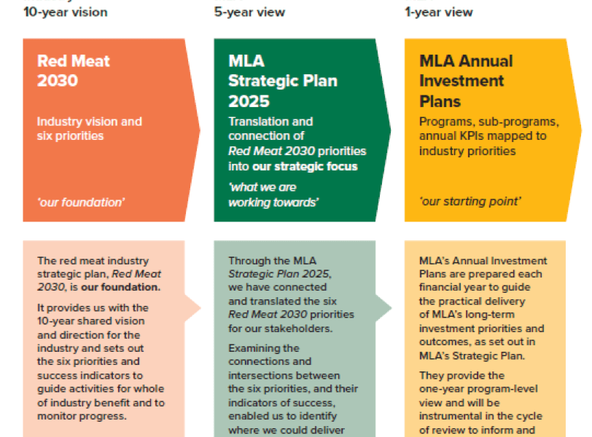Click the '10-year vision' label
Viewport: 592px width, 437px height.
click(66, 12)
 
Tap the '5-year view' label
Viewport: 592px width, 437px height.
click(249, 12)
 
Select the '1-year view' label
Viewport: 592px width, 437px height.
click(439, 12)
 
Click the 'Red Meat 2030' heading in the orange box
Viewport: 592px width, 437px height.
click(73, 71)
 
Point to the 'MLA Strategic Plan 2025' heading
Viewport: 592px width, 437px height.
click(283, 81)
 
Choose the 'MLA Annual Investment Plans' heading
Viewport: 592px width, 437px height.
click(466, 81)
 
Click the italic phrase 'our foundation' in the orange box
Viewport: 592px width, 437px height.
click(81, 202)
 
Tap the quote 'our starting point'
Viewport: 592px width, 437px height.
click(470, 201)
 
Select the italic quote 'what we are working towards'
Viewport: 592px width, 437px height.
click(273, 195)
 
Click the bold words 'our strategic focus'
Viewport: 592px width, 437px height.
click(305, 166)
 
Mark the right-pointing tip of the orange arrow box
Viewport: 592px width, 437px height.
click(200, 130)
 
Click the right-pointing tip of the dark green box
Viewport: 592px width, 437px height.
click(390, 130)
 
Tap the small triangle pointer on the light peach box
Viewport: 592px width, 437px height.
click(192, 308)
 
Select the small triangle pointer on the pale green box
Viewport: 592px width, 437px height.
click(383, 308)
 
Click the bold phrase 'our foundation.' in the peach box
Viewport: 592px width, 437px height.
click(121, 287)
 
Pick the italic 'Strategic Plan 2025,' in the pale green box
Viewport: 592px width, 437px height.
click(280, 274)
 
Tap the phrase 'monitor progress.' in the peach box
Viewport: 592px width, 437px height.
click(82, 417)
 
